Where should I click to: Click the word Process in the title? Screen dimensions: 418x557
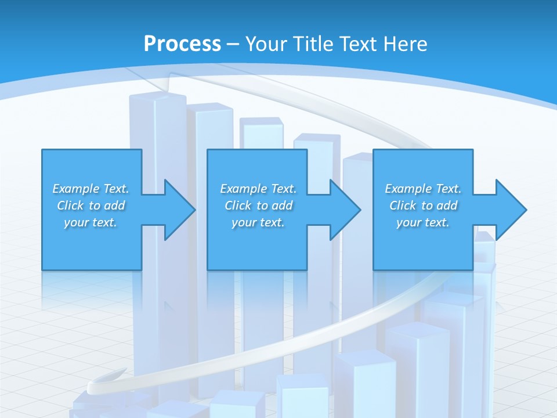point(182,44)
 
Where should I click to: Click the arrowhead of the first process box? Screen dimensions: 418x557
point(179,210)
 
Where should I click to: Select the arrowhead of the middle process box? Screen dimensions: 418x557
point(344,210)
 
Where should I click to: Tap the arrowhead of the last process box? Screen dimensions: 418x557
point(510,210)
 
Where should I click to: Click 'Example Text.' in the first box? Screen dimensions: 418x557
point(91,189)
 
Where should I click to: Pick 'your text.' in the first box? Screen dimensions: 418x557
point(91,222)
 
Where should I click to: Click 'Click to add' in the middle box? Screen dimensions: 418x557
point(258,206)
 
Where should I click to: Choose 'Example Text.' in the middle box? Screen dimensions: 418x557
point(258,189)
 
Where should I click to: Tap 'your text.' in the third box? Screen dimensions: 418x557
point(423,222)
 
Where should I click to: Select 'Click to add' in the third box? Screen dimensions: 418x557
point(423,206)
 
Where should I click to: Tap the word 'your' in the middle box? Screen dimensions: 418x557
point(243,222)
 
